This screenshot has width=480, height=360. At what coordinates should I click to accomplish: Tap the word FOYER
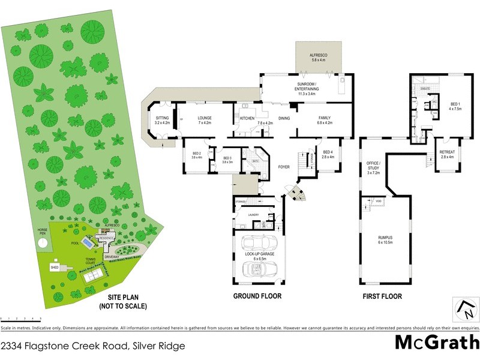coord(284,167)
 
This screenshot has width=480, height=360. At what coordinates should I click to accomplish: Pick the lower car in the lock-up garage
coord(260,271)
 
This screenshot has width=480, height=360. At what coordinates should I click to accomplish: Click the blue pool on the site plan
coord(88,245)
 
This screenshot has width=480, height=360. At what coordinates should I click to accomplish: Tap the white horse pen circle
coord(42,243)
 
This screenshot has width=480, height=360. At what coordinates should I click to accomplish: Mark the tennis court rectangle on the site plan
coord(91,275)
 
